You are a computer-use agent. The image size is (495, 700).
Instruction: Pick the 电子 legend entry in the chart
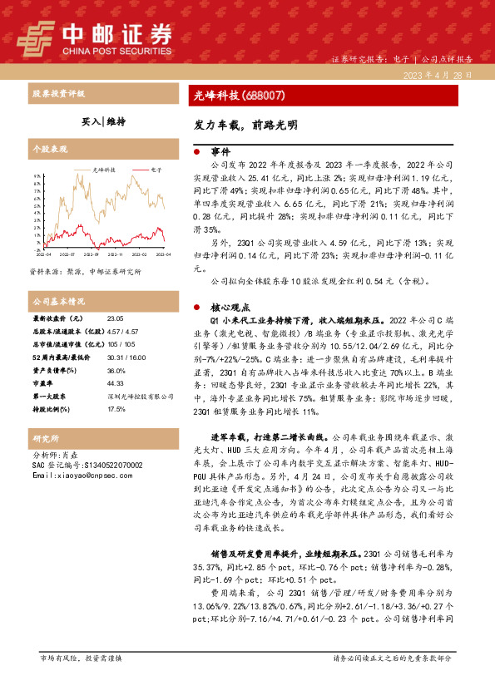pyautogui.click(x=153, y=169)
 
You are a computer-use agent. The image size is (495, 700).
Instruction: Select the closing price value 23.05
pyautogui.click(x=115, y=318)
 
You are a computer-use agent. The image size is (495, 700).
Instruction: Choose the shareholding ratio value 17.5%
pyautogui.click(x=116, y=409)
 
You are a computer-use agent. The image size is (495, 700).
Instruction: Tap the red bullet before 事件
pyautogui.click(x=196, y=152)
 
